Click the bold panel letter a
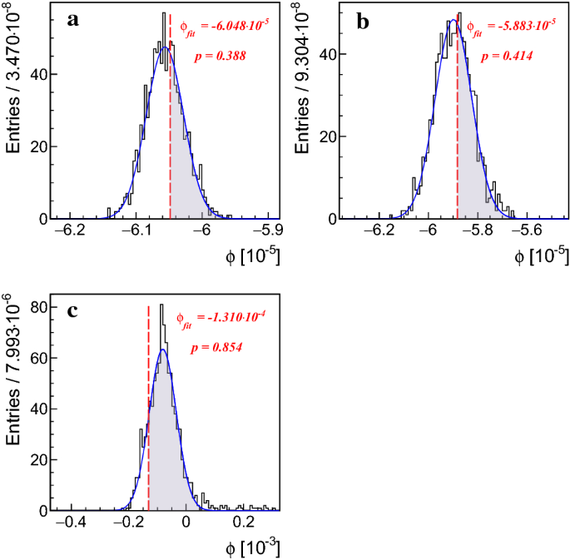(x=73, y=21)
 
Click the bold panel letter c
(x=73, y=310)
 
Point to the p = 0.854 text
(x=215, y=346)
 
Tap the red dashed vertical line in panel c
(x=149, y=416)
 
